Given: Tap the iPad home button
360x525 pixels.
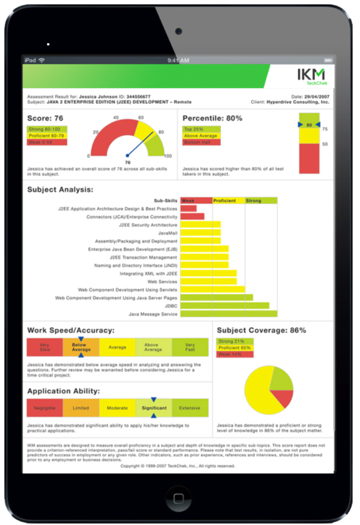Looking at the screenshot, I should (179, 498).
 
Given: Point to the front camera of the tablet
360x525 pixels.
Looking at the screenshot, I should (178, 30).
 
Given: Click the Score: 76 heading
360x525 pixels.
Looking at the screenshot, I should (45, 118).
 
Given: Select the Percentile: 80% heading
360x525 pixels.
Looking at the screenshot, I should (212, 118).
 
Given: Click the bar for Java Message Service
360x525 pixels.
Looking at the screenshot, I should (228, 314).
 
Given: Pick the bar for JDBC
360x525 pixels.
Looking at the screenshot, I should (224, 306).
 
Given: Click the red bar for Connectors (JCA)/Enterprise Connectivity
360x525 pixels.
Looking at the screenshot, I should (192, 217).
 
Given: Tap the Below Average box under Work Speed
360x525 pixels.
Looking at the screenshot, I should (81, 348).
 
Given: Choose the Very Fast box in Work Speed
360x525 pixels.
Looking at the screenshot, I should (189, 348).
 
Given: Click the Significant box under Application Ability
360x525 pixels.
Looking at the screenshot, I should (153, 408).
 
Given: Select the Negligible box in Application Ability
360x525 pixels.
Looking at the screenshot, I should (45, 408).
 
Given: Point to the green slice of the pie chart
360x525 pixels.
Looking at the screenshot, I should (281, 379).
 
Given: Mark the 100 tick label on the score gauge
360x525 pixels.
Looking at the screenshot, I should (168, 156).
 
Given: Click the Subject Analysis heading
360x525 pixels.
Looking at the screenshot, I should (60, 190).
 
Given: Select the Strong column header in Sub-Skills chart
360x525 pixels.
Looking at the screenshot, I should (254, 201).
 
